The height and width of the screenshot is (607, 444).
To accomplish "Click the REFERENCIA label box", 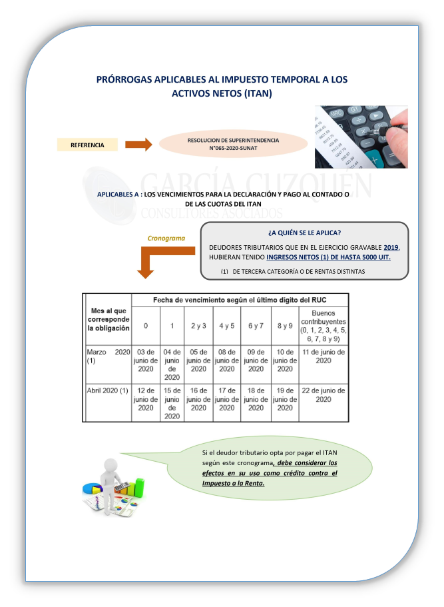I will (x=87, y=145).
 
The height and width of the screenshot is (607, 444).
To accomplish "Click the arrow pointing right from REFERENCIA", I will (x=138, y=145).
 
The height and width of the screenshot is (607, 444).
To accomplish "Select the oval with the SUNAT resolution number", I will (x=233, y=145).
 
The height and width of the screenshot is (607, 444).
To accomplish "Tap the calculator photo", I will (x=370, y=136).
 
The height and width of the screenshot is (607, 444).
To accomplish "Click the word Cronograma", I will (x=166, y=238).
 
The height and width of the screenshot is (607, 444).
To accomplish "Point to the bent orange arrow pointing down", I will (x=148, y=261).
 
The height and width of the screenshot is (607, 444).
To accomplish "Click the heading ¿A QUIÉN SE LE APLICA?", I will (x=304, y=233).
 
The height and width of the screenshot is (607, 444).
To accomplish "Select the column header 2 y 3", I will (x=198, y=326).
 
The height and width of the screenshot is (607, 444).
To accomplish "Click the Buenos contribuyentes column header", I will (x=323, y=324).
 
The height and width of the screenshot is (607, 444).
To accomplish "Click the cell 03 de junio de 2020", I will (x=146, y=360).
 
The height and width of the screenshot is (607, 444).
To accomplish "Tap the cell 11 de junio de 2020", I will (x=323, y=356).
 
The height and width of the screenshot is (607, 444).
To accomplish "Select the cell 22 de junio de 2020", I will (x=323, y=394).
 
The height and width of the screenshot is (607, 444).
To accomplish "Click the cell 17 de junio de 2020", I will (x=227, y=398).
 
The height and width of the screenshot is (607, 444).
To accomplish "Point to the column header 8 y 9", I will (x=285, y=326).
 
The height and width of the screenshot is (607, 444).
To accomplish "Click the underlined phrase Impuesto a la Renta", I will (x=233, y=484).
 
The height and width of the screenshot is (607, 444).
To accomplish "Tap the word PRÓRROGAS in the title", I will (x=132, y=79).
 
